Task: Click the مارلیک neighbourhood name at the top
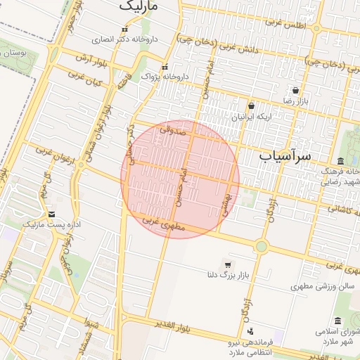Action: (x=139, y=6)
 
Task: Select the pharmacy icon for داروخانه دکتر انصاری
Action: (x=125, y=30)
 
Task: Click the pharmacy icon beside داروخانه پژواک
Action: (x=165, y=67)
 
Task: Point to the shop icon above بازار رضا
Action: (x=295, y=90)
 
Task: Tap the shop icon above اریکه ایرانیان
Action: (x=251, y=105)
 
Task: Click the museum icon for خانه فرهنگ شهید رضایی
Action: (x=340, y=161)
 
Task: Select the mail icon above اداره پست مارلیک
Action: (x=52, y=214)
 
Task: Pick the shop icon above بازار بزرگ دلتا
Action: (x=226, y=264)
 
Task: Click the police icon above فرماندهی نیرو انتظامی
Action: (x=250, y=330)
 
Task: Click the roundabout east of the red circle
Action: (x=262, y=246)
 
